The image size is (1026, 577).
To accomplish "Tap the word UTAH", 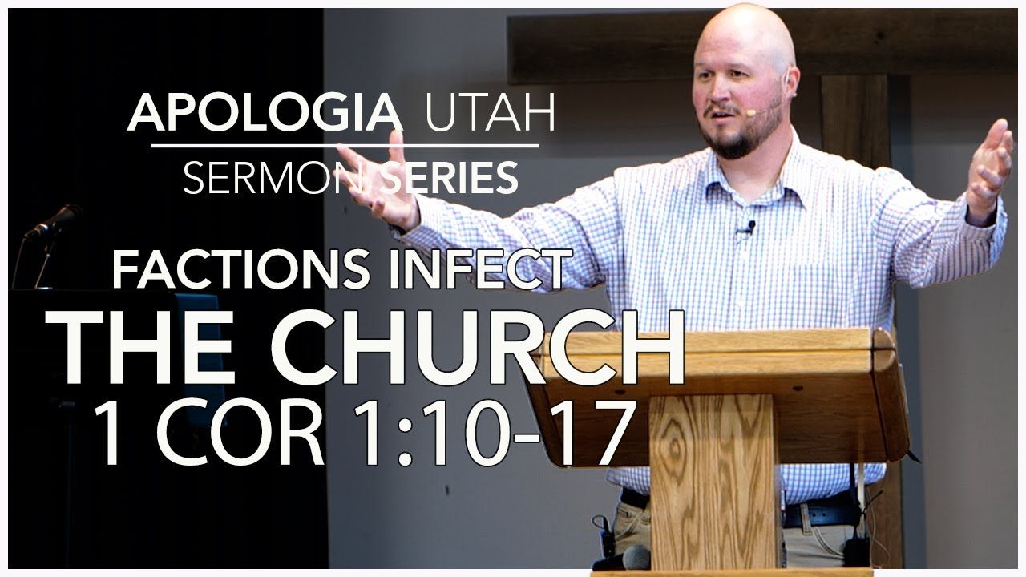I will [x=490, y=113].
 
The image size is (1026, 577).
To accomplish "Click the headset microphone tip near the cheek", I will [x=750, y=113].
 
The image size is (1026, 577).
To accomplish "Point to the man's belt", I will [x=818, y=510].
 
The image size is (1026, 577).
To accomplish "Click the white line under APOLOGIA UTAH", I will [x=345, y=146].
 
